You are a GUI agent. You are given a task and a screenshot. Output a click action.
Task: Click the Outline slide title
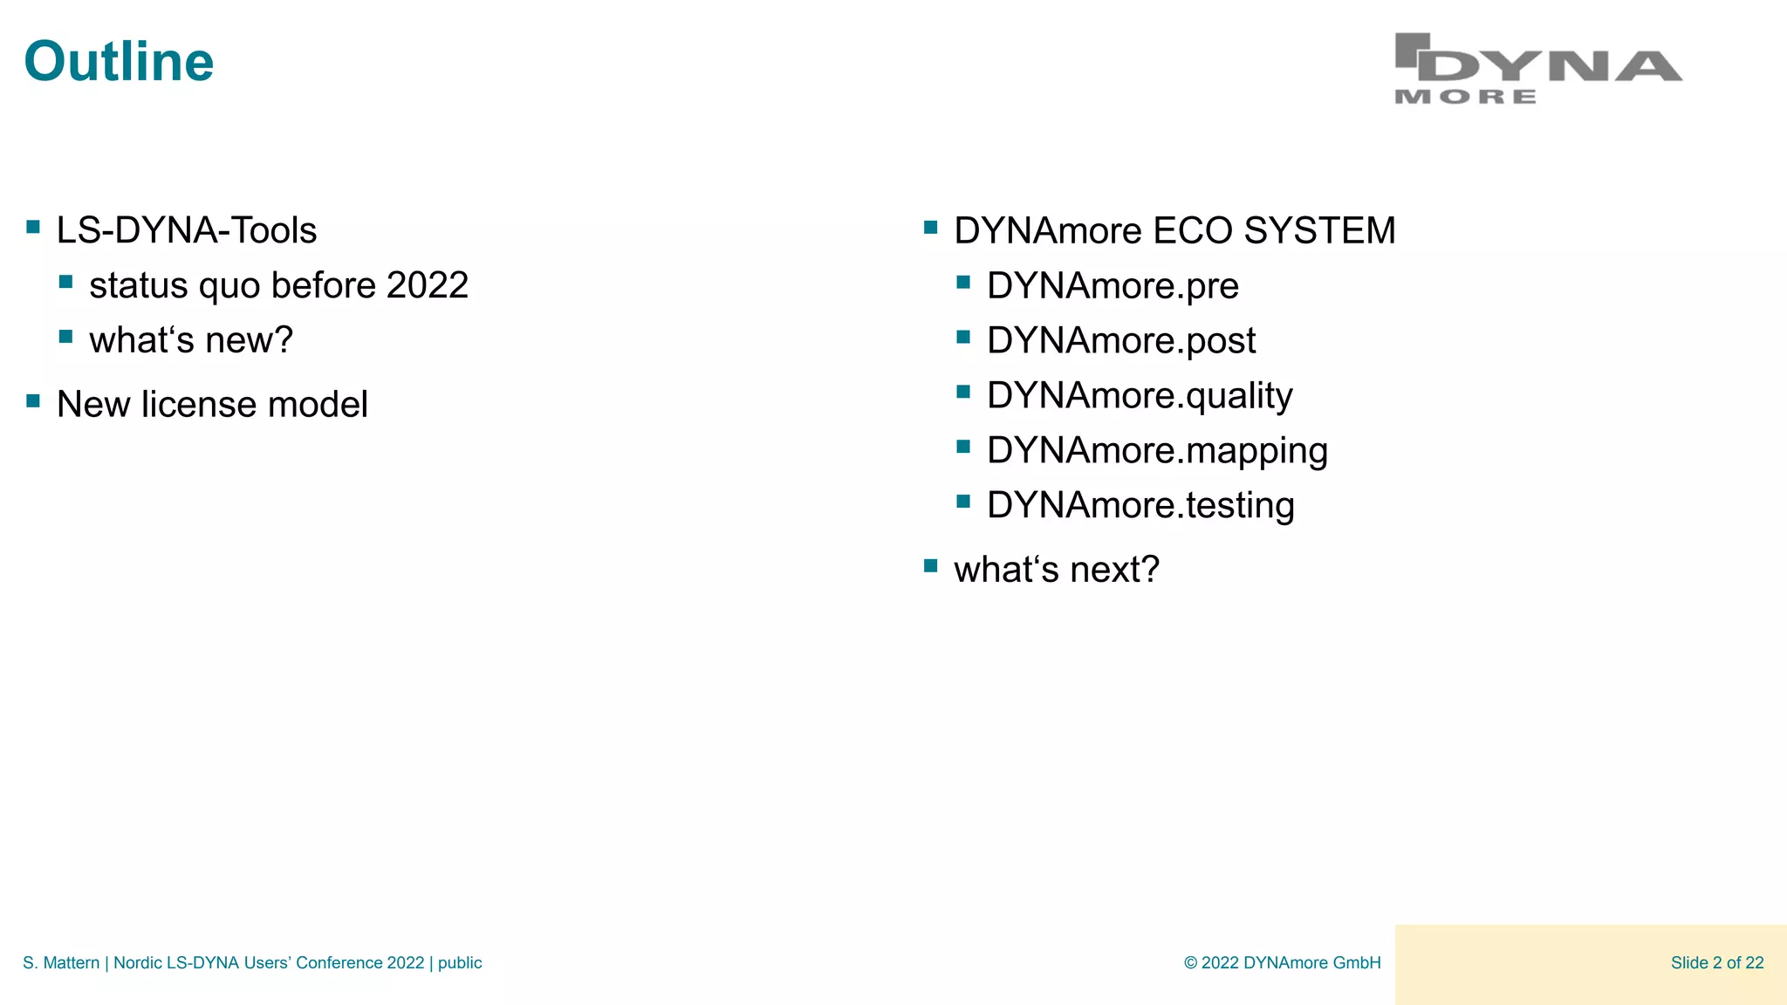pyautogui.click(x=119, y=62)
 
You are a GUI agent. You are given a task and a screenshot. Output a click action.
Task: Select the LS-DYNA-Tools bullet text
pyautogui.click(x=186, y=230)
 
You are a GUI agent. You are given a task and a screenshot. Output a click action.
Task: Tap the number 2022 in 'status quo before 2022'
pyautogui.click(x=427, y=285)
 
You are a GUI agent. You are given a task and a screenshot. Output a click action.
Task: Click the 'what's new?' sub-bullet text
pyautogui.click(x=190, y=340)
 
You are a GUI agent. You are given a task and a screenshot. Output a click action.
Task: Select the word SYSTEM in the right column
pyautogui.click(x=1318, y=230)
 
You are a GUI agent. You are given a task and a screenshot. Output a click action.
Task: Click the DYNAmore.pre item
pyautogui.click(x=1112, y=285)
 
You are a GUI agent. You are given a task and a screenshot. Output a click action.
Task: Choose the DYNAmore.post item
pyautogui.click(x=1120, y=340)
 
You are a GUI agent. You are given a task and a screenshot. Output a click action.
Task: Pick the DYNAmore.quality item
pyautogui.click(x=1139, y=396)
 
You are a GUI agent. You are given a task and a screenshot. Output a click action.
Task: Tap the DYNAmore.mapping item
pyautogui.click(x=1156, y=451)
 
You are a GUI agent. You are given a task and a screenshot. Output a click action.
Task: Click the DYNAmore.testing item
pyautogui.click(x=1140, y=506)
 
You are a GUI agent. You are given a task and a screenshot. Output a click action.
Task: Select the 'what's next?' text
pyautogui.click(x=1056, y=570)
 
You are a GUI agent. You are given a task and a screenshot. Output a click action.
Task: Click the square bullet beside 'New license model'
pyautogui.click(x=33, y=401)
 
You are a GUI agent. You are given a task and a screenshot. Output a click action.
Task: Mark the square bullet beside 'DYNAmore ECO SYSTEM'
pyautogui.click(x=930, y=228)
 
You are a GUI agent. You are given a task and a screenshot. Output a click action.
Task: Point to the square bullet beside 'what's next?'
pyautogui.click(x=930, y=566)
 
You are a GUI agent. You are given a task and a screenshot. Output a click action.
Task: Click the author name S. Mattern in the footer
pyautogui.click(x=60, y=963)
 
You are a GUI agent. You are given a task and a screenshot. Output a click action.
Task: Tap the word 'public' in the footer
pyautogui.click(x=460, y=963)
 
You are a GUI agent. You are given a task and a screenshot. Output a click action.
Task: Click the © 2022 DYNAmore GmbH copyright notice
pyautogui.click(x=1282, y=963)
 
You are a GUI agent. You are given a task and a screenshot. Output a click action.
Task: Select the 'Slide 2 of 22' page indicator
pyautogui.click(x=1716, y=963)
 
